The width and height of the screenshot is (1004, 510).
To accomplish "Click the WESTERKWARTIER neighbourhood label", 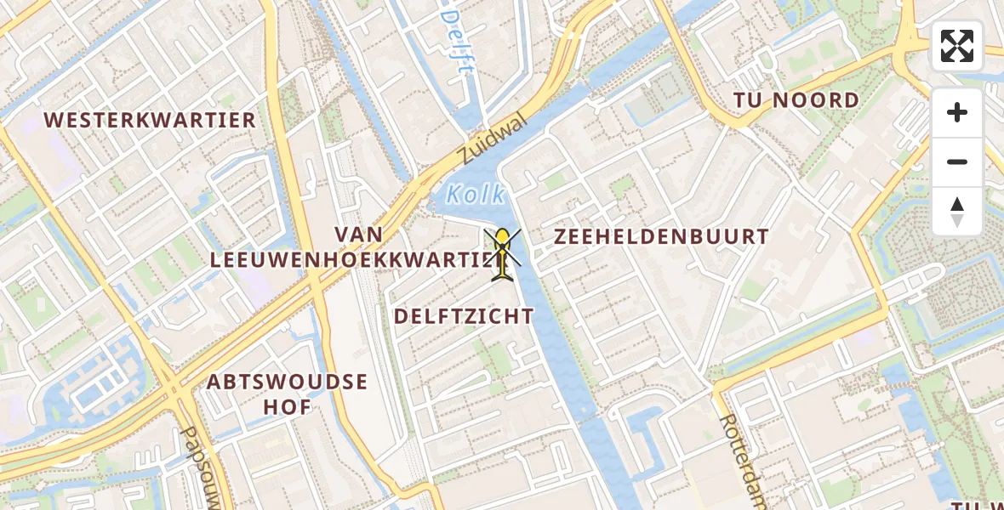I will (151, 120).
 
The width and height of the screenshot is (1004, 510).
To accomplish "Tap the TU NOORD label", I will (796, 101).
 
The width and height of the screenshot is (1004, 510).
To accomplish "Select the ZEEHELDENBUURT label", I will (661, 237).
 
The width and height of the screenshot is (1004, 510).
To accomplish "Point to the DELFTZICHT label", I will (464, 317).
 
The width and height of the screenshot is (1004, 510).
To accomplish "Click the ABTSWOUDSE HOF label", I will (288, 394).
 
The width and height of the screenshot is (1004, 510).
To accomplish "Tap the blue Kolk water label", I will (476, 194).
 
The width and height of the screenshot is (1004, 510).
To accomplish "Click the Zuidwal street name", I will (492, 141).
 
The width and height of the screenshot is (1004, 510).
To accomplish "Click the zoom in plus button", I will (957, 112).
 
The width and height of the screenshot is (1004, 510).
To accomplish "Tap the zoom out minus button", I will (957, 161).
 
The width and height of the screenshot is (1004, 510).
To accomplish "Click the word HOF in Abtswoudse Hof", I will (288, 406).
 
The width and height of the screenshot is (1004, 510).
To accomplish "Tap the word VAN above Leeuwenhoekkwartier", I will (358, 234).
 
